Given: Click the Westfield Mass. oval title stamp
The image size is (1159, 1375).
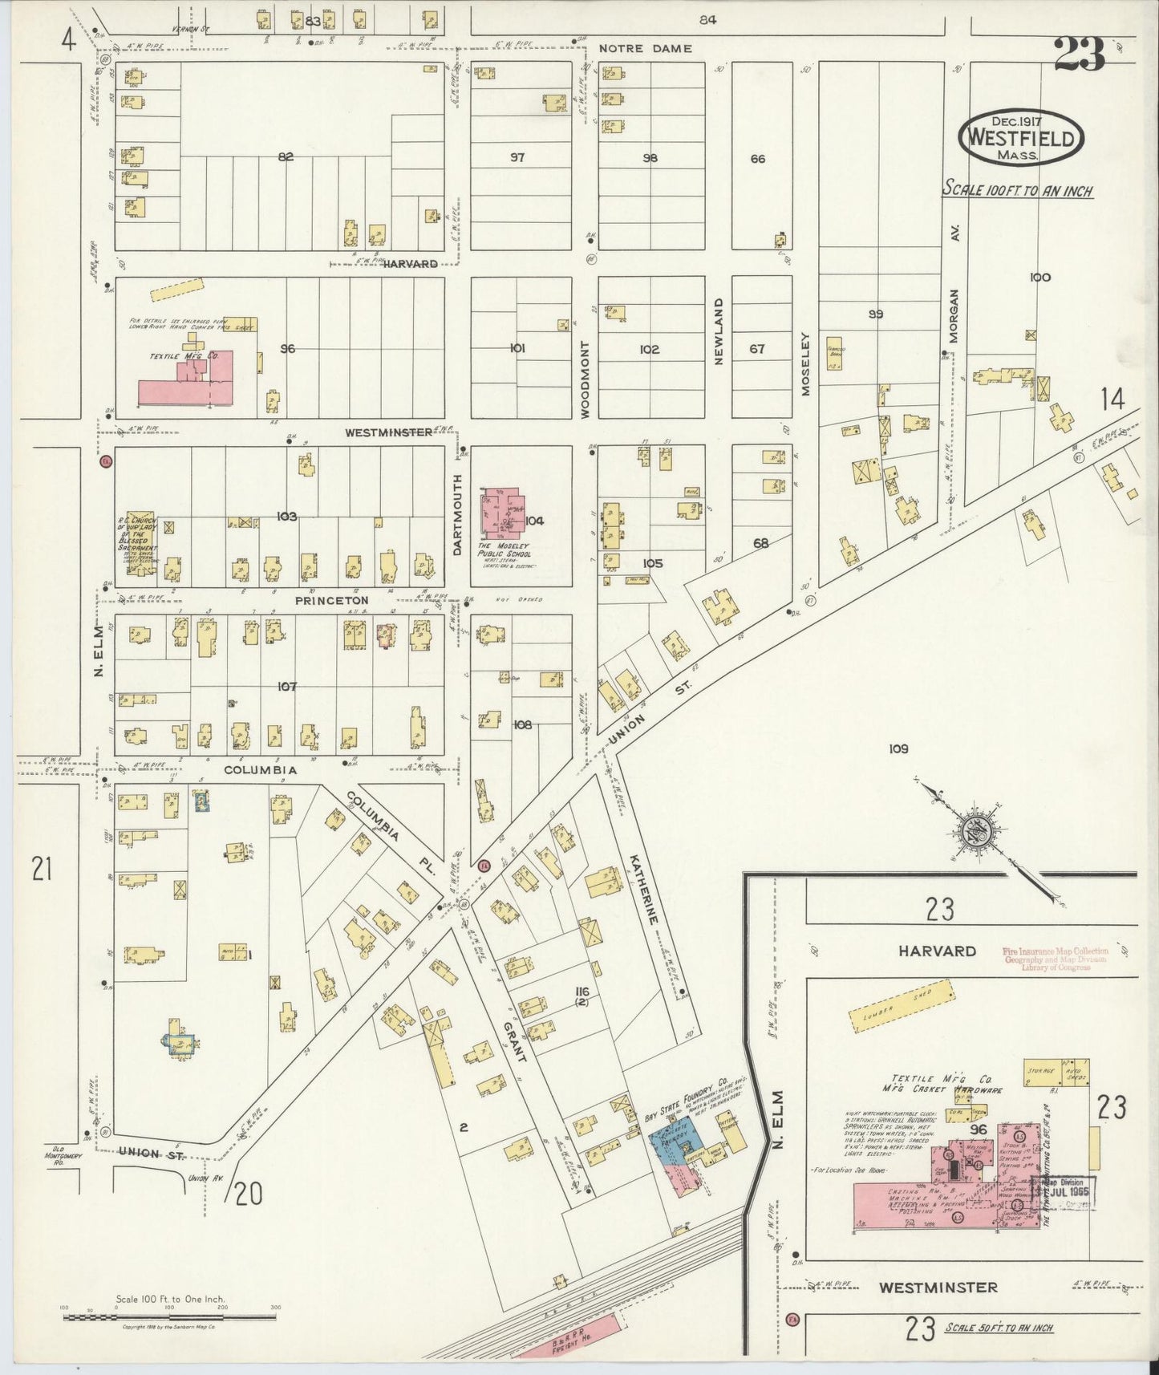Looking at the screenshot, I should pyautogui.click(x=1020, y=137).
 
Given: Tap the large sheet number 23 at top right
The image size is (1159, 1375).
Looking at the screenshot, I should pyautogui.click(x=1079, y=55).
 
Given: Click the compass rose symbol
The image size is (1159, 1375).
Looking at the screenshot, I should pyautogui.click(x=978, y=834).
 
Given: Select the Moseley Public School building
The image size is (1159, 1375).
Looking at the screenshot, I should pyautogui.click(x=501, y=515).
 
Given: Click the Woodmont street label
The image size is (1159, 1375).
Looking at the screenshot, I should pyautogui.click(x=586, y=379).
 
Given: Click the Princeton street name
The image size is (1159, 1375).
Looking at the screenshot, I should pyautogui.click(x=331, y=600).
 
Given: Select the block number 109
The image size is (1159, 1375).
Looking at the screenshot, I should pyautogui.click(x=898, y=749).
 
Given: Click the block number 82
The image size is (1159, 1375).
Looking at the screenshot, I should pyautogui.click(x=286, y=157).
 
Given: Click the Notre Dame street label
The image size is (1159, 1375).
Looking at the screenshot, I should pyautogui.click(x=645, y=48).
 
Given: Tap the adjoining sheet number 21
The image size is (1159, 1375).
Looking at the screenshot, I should pyautogui.click(x=41, y=868).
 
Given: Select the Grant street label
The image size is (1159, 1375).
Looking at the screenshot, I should pyautogui.click(x=514, y=1040).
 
